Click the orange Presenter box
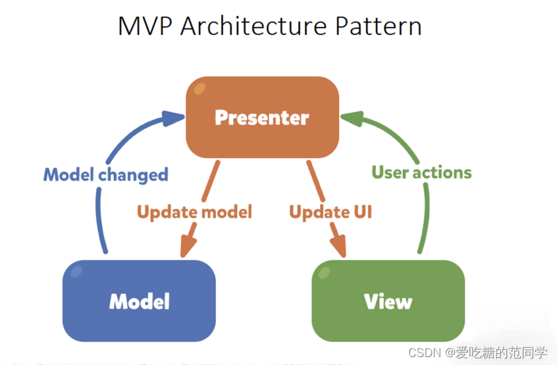[262, 117]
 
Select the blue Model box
[139, 301]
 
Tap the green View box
[388, 301]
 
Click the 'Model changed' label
[105, 175]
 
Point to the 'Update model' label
[194, 212]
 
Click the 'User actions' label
[421, 173]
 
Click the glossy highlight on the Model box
[77, 271]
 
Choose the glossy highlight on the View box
[326, 271]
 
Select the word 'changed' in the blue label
[134, 175]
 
